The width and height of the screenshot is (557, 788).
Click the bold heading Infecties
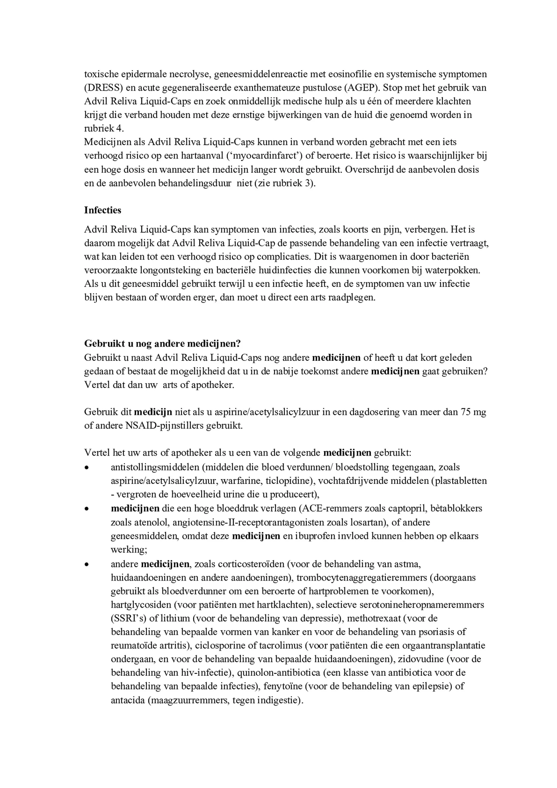click(x=103, y=210)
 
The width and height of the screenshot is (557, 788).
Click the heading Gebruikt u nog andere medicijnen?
click(x=163, y=343)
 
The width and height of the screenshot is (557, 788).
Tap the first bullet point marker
click(x=87, y=468)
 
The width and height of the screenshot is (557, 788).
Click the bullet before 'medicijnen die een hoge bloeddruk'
click(x=87, y=509)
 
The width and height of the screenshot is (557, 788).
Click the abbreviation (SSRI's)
click(x=129, y=618)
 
